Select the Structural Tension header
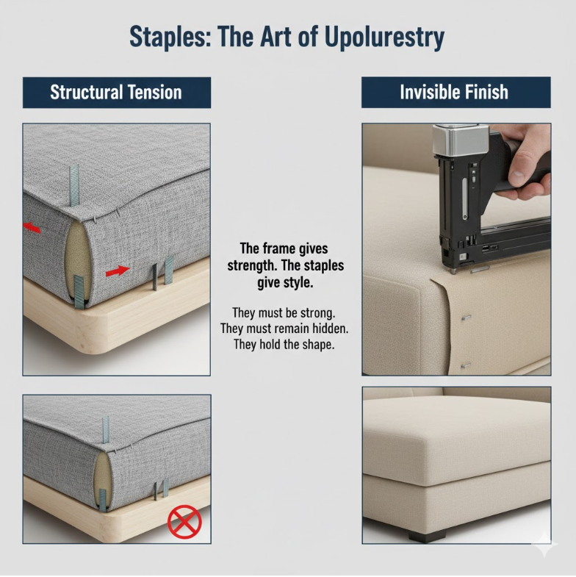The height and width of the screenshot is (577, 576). (x=116, y=93)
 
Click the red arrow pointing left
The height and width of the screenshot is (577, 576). (x=32, y=229)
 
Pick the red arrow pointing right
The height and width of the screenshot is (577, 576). (x=117, y=272)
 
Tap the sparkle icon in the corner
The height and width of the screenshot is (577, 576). (x=544, y=545)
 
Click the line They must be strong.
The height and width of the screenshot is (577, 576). (x=284, y=312)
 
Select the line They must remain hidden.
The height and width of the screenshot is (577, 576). (x=284, y=329)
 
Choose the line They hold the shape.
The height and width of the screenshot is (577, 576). (x=284, y=344)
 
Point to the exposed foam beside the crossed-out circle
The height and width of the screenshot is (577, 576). (x=104, y=481)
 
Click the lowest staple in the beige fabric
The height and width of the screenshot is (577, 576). (x=464, y=365)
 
